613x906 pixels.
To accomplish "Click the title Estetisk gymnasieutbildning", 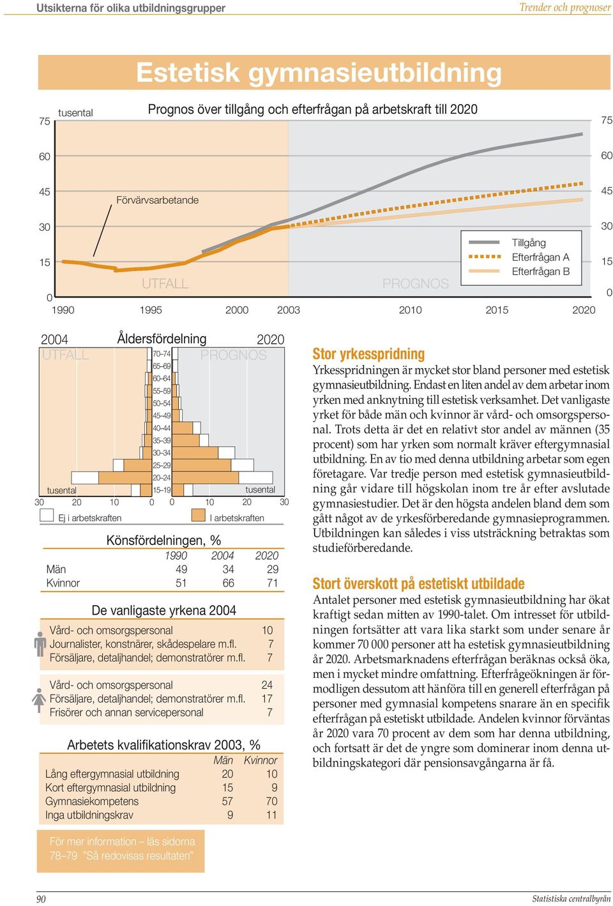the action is pos(319,72).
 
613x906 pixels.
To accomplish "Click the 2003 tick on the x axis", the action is pos(289,311).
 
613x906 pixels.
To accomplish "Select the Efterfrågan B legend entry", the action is pos(519,272).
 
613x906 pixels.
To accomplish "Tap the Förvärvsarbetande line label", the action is pos(158,200).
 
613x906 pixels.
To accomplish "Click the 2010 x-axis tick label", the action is pos(410,311).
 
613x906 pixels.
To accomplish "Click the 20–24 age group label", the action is pos(162,478).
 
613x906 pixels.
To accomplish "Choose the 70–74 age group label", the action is pos(162,354).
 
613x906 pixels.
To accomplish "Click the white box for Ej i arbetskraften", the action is pos(47,515).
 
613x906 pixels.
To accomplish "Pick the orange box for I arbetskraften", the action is pos(199,515).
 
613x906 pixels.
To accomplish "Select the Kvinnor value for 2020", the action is pos(273,583).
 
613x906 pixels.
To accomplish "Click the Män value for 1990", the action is pos(181,569).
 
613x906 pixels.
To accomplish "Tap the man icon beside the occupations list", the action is pos(40,643).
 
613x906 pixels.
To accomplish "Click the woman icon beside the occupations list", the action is pos(39,700).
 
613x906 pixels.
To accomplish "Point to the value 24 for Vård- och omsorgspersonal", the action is pos(267,685).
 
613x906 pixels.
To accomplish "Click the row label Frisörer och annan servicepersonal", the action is pos(126,712).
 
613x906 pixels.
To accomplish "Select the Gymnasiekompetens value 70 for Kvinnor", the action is pos(271,801).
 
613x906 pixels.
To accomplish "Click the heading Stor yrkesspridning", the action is pos(368,354).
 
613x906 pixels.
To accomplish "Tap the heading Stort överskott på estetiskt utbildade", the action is pos(419,583).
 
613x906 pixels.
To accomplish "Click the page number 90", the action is pos(42,899).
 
